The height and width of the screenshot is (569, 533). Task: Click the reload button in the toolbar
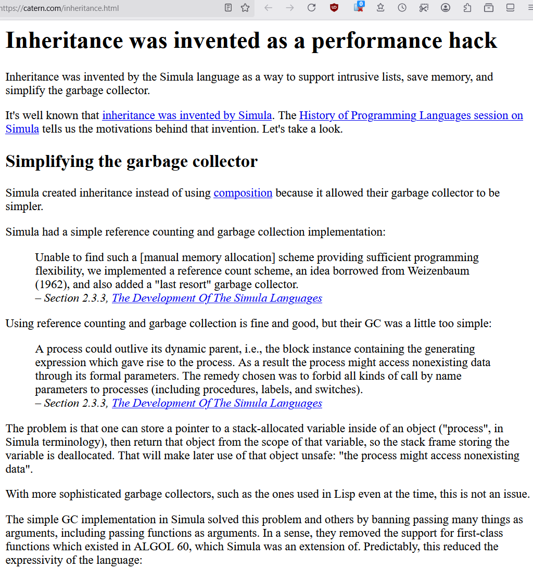pos(311,8)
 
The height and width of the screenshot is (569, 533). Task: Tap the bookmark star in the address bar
pos(245,8)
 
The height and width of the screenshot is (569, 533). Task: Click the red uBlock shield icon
pos(334,8)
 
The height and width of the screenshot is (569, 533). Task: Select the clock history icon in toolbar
pos(402,8)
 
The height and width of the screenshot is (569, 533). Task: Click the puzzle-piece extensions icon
pos(467,8)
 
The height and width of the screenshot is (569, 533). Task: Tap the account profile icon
pos(445,8)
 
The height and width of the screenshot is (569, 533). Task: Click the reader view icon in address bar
pos(228,8)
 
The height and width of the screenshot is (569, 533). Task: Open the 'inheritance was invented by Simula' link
pos(187,115)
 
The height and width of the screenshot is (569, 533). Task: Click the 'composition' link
pos(243,193)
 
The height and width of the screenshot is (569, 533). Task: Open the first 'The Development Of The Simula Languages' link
pos(217,298)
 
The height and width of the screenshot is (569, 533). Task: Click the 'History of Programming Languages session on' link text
pos(411,115)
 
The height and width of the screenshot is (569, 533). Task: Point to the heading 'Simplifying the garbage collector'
pos(131,161)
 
